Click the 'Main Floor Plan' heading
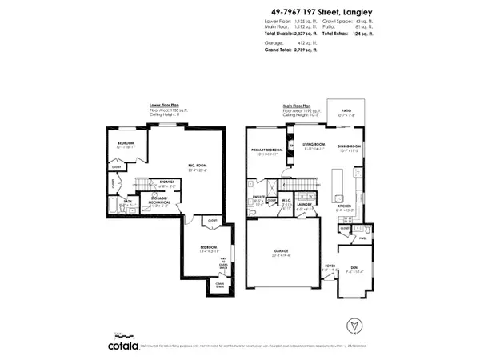tap(297, 104)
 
